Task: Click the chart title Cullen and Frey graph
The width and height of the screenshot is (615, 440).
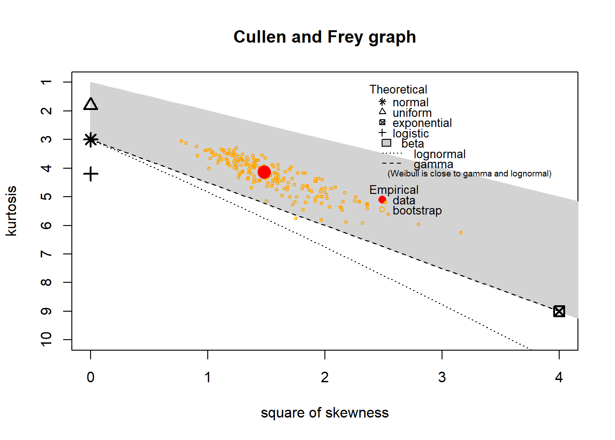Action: point(324,37)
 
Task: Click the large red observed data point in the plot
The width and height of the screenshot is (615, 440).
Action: point(264,172)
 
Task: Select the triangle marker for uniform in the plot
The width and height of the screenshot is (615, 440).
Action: point(91,104)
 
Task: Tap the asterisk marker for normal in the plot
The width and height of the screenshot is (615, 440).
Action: point(91,140)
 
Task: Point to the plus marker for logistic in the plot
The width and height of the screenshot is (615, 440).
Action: point(91,174)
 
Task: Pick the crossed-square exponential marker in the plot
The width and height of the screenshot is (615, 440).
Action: point(559,311)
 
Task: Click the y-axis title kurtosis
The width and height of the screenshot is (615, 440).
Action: point(11,211)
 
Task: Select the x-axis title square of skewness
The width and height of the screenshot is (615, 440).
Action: point(324,412)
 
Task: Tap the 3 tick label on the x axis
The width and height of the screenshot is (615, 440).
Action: point(442,377)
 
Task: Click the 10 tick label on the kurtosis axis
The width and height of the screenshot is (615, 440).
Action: point(46,339)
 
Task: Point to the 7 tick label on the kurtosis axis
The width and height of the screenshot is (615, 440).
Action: point(46,254)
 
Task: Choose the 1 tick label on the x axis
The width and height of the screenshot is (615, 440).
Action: point(208,377)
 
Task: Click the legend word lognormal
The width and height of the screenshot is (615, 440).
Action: point(439,154)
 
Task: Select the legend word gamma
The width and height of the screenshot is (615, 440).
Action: point(433,164)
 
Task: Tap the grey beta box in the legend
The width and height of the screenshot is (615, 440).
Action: point(386,143)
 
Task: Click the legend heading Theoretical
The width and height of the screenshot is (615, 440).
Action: point(398,89)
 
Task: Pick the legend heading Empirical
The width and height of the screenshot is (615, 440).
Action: point(394,190)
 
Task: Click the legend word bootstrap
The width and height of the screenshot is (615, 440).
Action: point(417,210)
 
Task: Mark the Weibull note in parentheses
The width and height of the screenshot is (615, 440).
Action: point(469,174)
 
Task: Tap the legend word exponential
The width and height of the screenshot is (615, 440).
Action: point(422,123)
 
